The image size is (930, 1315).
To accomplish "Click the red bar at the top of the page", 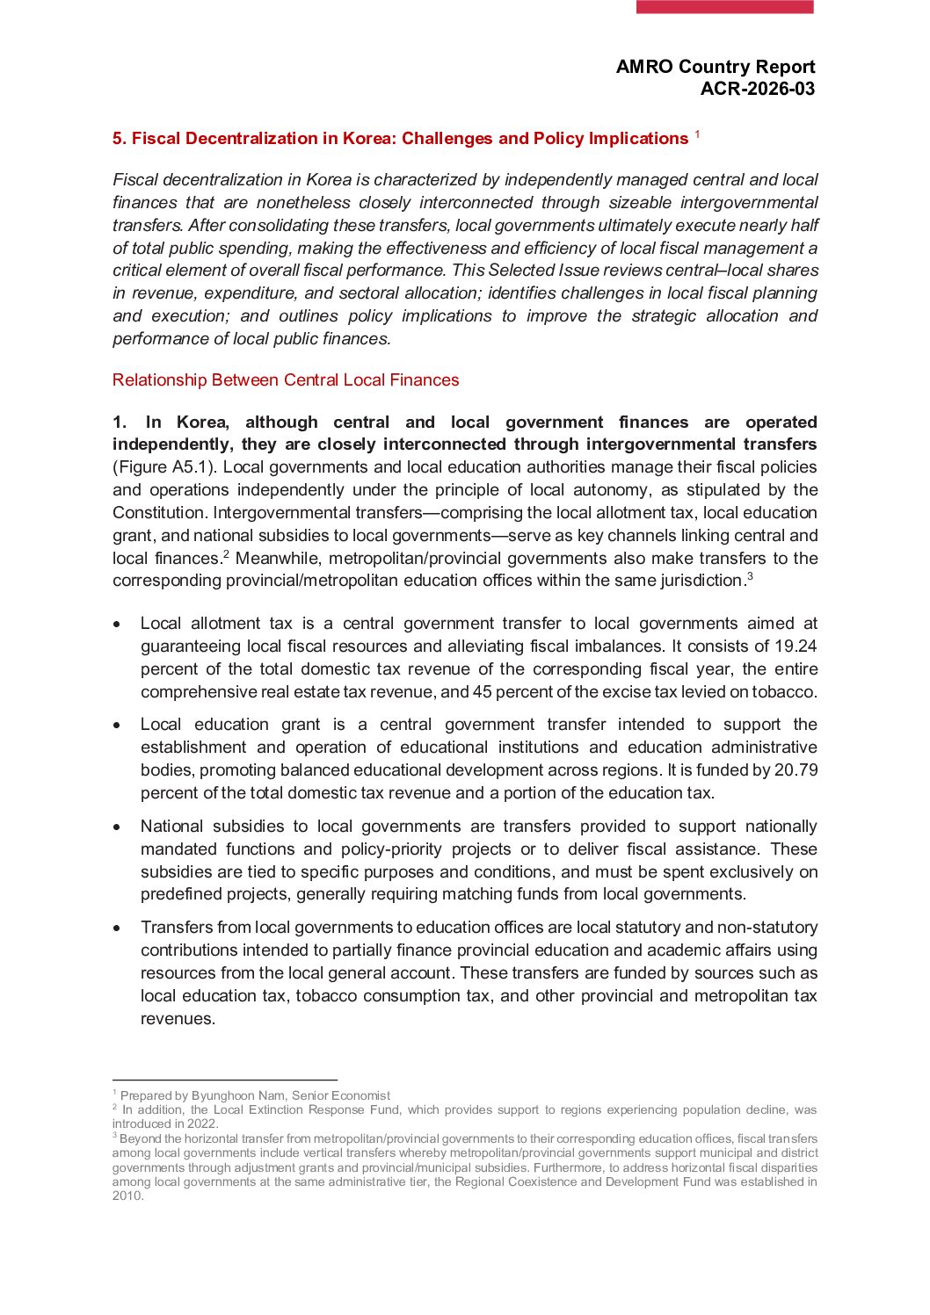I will (x=724, y=7).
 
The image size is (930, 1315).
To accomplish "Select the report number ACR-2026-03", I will (x=757, y=89).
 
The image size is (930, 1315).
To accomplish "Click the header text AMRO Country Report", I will (x=715, y=67).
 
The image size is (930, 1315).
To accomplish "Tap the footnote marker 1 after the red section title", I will (x=697, y=134).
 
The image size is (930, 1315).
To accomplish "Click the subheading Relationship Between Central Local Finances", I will (x=286, y=380).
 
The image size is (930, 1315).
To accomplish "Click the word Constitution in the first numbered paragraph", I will (x=159, y=513).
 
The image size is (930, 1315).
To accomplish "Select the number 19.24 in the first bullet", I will (x=794, y=647).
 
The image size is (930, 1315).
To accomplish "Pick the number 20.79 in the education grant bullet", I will (x=796, y=770).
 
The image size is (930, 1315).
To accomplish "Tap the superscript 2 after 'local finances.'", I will (x=226, y=554).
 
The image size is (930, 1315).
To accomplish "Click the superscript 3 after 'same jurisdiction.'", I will (x=750, y=576).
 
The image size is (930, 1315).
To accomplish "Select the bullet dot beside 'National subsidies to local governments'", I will (x=117, y=827).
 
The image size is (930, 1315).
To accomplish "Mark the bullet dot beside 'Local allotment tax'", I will (x=117, y=625).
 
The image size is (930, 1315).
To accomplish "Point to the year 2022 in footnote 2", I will (x=202, y=1124).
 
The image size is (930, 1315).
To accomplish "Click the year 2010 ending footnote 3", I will (x=127, y=1196).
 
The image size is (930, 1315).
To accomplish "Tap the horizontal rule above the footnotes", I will (x=224, y=1080).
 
